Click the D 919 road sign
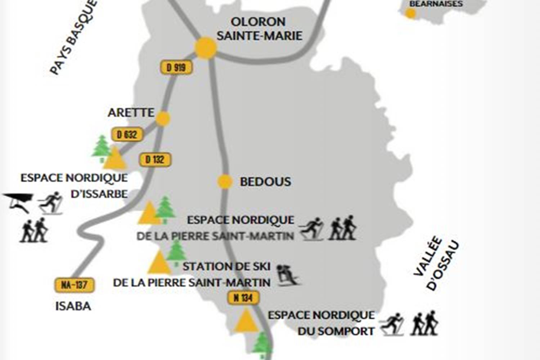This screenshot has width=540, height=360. click(176, 67)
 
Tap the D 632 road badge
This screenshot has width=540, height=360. click(127, 135)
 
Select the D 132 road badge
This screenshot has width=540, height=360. click(155, 159)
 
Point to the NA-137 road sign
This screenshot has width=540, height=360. click(74, 285)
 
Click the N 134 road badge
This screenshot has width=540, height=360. click(243, 298)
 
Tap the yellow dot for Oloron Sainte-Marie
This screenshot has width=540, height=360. click(206, 48)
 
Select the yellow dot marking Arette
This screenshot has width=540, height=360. click(163, 118)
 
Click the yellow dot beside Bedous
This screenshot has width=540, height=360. click(225, 181)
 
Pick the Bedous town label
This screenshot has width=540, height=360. click(265, 182)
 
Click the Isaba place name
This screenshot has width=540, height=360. click(73, 306)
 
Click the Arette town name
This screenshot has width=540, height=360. click(131, 112)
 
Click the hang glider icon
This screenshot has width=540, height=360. click(18, 202)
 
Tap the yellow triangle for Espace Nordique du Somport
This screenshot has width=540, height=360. click(246, 320)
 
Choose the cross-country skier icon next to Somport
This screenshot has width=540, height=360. click(392, 324)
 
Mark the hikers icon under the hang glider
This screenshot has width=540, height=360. click(34, 230)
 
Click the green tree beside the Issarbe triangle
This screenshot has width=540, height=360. click(102, 148)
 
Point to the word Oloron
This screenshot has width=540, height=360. click(258, 22)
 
